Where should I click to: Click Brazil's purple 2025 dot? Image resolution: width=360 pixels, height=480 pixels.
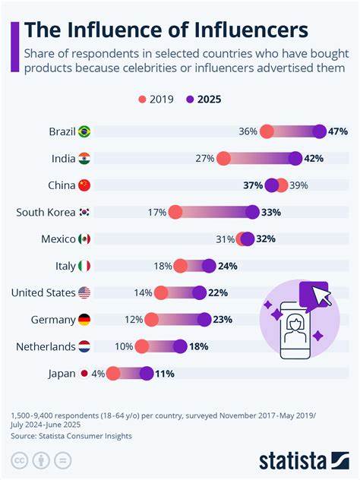[320, 131]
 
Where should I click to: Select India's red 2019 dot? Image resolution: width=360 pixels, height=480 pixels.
[223, 159]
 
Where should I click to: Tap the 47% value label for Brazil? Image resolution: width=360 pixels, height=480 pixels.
[338, 131]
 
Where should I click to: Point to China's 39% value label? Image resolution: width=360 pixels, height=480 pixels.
[298, 185]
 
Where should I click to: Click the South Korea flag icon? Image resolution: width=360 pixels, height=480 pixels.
[84, 212]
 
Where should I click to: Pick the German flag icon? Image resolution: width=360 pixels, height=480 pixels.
[84, 320]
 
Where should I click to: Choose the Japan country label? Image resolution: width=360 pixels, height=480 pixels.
[62, 374]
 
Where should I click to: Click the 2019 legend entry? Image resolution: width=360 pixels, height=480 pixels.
[156, 99]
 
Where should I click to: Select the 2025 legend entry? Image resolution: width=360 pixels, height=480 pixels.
[204, 99]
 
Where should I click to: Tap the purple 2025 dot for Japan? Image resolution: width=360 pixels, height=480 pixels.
[147, 374]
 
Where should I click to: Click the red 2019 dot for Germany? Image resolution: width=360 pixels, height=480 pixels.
[151, 320]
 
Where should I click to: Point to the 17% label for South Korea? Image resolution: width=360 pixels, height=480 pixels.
[157, 213]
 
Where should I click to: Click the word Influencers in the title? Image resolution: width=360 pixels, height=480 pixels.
[251, 30]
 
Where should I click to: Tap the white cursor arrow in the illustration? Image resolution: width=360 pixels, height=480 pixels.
[322, 295]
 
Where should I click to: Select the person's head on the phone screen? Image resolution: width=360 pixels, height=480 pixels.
[295, 324]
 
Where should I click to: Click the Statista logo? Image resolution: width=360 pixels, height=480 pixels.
[304, 461]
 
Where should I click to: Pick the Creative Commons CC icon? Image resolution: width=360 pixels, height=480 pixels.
[20, 460]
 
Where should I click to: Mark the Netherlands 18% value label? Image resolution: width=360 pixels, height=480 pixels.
[199, 347]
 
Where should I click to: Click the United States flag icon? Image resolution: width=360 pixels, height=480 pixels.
[84, 292]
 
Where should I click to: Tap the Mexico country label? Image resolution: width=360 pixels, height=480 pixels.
[58, 239]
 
